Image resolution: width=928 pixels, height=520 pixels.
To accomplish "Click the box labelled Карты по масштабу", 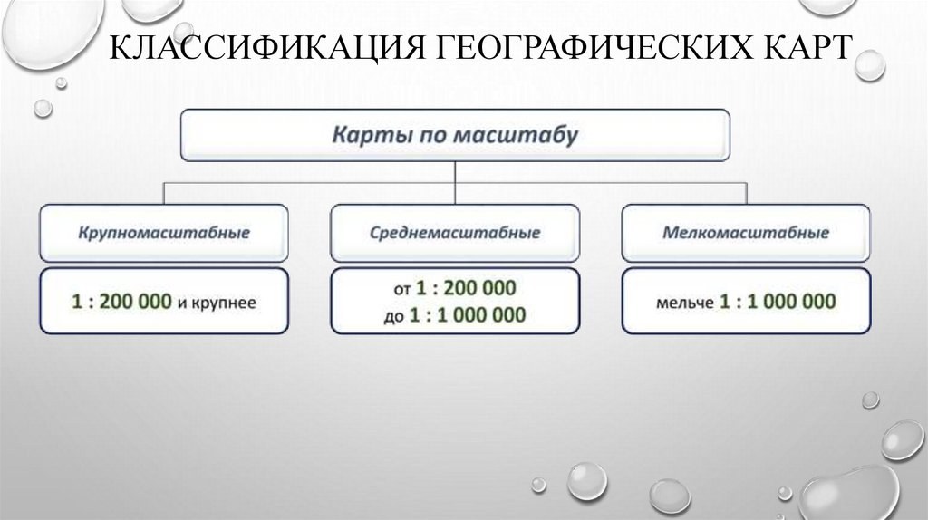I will click(455, 136).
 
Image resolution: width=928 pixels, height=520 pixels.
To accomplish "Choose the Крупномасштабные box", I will click(163, 233).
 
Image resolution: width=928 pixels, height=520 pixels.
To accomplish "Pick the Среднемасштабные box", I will click(455, 233).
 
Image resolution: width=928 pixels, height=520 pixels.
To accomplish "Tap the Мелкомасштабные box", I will click(746, 233).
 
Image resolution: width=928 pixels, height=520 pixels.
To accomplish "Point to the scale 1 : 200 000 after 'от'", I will click(466, 289).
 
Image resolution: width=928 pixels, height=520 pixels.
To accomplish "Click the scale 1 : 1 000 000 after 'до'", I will click(468, 315).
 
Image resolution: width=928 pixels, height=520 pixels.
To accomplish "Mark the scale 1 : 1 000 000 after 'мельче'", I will click(778, 303).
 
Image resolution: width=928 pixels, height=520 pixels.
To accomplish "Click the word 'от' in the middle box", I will click(402, 291).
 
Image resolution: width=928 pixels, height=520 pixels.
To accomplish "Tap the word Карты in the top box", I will click(362, 136).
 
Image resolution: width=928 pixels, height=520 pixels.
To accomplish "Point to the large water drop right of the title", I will click(870, 64).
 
